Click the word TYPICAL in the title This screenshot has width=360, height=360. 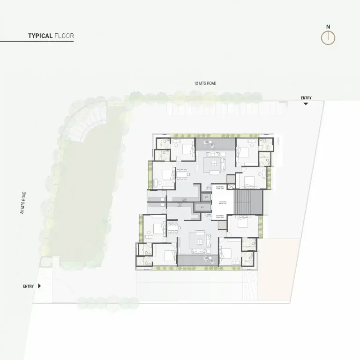pyautogui.click(x=40, y=36)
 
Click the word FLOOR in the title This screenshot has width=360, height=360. pyautogui.click(x=64, y=36)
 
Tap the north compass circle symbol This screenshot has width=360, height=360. pyautogui.click(x=328, y=38)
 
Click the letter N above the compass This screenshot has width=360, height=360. pyautogui.click(x=328, y=27)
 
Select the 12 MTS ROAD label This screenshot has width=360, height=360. pyautogui.click(x=205, y=83)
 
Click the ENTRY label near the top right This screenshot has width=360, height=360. pyautogui.click(x=306, y=98)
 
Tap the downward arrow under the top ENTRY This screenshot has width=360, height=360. pyautogui.click(x=306, y=104)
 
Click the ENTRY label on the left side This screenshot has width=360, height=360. pyautogui.click(x=28, y=286)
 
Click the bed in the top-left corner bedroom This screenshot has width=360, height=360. pyautogui.click(x=186, y=150)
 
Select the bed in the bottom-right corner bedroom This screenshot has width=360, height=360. pyautogui.click(x=226, y=253)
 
